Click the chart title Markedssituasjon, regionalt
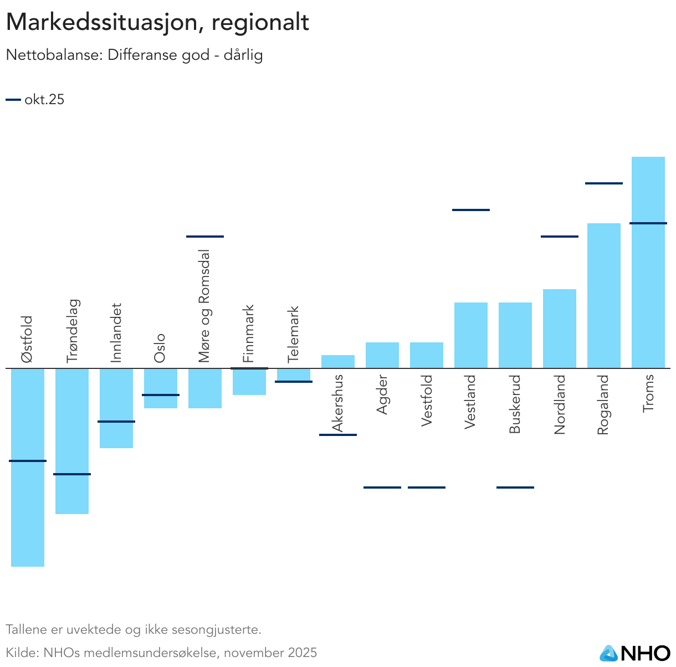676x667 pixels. click(157, 23)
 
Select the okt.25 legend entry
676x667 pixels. click(35, 100)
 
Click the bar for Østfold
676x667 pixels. click(28, 499)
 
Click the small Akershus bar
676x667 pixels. click(338, 362)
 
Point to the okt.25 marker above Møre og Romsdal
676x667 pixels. click(205, 237)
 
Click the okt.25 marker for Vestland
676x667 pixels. click(471, 210)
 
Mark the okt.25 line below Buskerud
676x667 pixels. click(515, 488)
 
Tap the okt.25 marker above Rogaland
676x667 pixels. click(604, 183)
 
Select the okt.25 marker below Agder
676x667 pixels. click(382, 488)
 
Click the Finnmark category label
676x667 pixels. click(249, 334)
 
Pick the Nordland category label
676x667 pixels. click(560, 404)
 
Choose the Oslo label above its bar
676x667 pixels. click(160, 348)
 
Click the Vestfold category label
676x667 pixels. click(427, 401)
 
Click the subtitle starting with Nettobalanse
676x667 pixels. click(134, 55)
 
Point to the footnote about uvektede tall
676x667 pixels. click(134, 630)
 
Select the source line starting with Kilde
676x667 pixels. click(161, 653)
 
